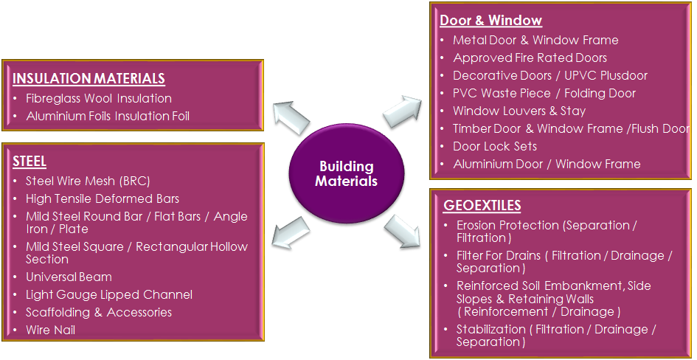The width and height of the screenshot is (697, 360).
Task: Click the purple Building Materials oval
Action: click(346, 174)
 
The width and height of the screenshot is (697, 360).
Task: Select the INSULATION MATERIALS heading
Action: click(89, 79)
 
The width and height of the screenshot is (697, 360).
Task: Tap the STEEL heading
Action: click(30, 161)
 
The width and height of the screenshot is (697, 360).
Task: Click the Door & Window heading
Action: click(490, 21)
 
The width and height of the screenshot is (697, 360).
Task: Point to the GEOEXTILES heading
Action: click(482, 204)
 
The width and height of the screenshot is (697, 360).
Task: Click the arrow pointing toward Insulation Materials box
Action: click(290, 117)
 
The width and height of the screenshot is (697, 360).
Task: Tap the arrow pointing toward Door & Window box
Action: click(402, 111)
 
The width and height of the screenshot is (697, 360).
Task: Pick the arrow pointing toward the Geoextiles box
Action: click(403, 234)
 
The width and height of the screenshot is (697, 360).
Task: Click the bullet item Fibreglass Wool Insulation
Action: click(99, 98)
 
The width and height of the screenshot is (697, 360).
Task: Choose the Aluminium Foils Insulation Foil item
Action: click(108, 116)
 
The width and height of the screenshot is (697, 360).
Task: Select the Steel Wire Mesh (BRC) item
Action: click(88, 181)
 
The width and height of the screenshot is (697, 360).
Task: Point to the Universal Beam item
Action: click(69, 277)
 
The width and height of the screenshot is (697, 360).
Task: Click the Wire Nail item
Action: click(50, 330)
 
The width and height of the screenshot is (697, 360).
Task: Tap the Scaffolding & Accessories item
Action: click(99, 312)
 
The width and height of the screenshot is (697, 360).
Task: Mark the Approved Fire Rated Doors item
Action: click(530, 58)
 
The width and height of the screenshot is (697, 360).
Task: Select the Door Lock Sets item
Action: click(495, 146)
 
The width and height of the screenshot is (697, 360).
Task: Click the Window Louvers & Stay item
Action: click(519, 111)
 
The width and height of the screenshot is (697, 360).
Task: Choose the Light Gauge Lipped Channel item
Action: click(109, 294)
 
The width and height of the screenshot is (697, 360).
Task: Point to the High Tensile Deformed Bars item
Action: click(103, 198)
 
